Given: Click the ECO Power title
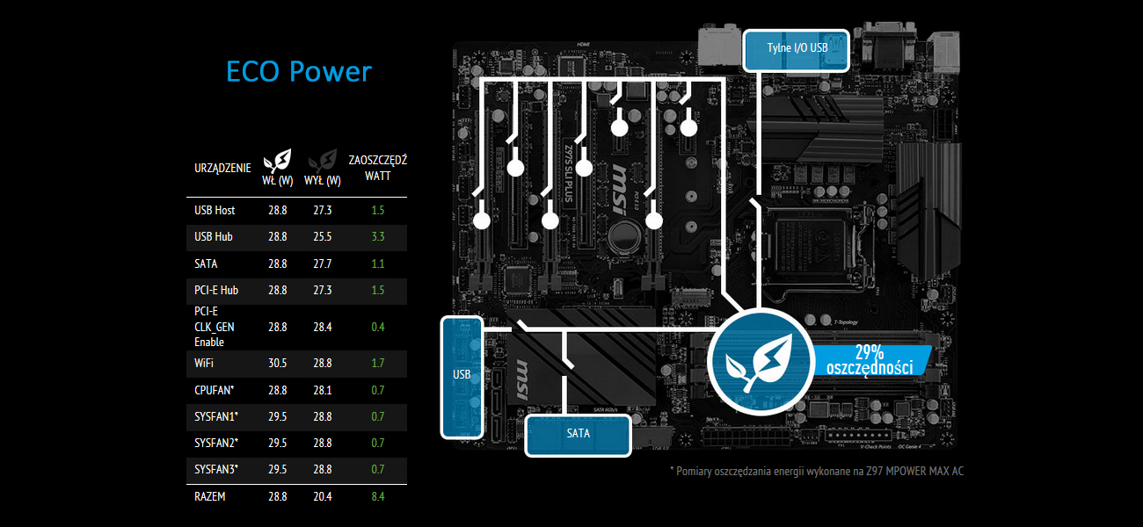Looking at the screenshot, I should click(299, 71).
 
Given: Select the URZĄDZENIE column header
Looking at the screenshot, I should click(222, 168).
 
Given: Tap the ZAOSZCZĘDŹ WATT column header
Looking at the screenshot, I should click(377, 168).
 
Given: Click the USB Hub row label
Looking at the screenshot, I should click(214, 237).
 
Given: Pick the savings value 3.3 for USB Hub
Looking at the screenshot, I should click(378, 237).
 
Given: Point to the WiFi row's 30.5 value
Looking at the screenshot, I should click(278, 362).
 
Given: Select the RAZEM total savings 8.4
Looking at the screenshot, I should click(378, 496).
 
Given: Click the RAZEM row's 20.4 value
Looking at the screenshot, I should click(322, 496).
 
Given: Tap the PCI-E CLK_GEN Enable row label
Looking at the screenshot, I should click(214, 326).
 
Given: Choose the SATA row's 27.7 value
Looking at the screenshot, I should click(322, 263).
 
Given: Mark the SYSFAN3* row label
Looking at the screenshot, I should click(216, 469).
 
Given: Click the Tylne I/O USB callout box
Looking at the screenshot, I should click(797, 50).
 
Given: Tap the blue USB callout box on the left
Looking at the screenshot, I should click(462, 376).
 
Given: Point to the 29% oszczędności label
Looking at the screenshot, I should click(870, 359).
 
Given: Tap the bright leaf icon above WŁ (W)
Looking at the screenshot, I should click(278, 161).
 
